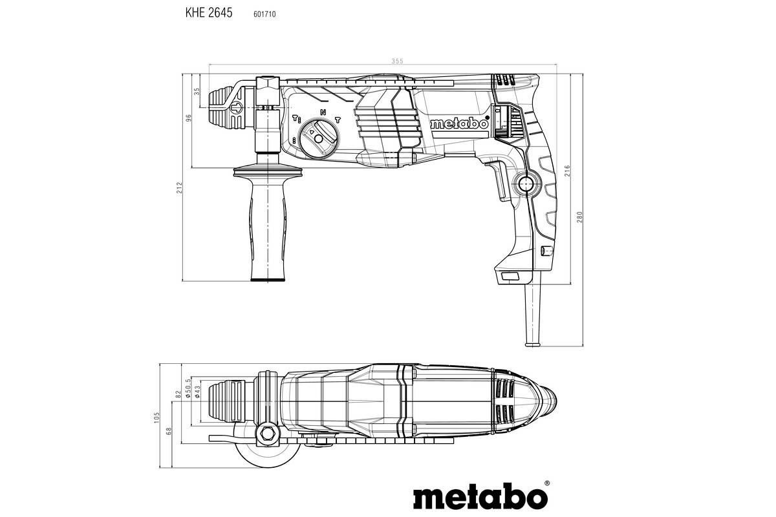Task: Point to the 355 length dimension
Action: (x=397, y=61)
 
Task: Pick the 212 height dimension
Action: (x=179, y=187)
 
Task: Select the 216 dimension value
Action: (x=567, y=171)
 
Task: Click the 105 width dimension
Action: (x=156, y=417)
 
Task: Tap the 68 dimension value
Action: (x=169, y=431)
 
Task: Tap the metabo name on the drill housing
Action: (x=458, y=125)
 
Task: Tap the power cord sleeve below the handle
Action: (x=535, y=317)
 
